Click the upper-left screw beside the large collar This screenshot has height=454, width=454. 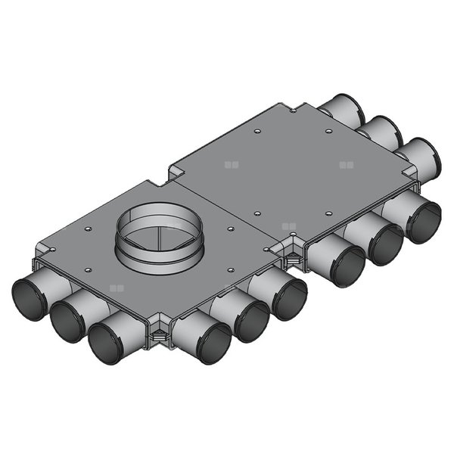pos(89,229)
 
